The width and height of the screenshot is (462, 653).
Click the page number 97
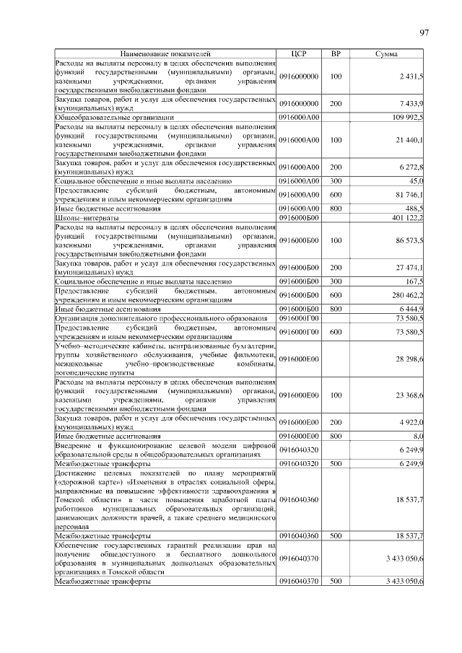pyautogui.click(x=424, y=32)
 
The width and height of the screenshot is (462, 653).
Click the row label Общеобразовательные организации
pyautogui.click(x=114, y=116)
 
